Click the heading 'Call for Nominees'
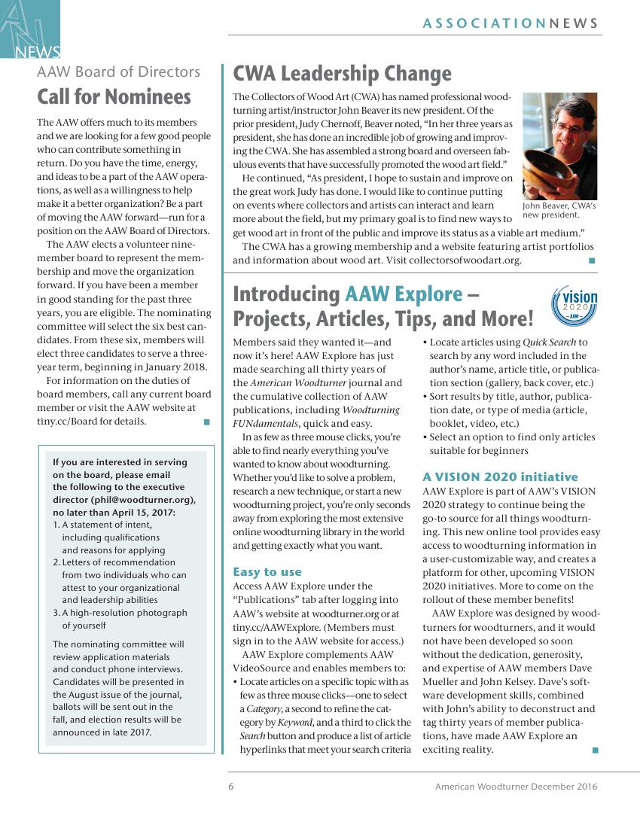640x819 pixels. [114, 97]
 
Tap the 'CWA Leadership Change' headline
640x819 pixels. [342, 74]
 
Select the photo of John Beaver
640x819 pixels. [559, 146]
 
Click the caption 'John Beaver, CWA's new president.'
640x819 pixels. [559, 210]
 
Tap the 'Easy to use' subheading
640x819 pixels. [267, 571]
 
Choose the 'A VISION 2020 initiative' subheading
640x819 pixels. [500, 476]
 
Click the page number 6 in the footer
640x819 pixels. [231, 787]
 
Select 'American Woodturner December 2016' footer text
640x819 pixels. [516, 787]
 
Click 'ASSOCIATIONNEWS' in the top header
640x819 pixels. [510, 23]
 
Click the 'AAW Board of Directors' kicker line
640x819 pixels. [118, 72]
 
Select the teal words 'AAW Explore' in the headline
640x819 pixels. [404, 294]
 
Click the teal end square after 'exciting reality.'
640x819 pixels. [596, 750]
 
